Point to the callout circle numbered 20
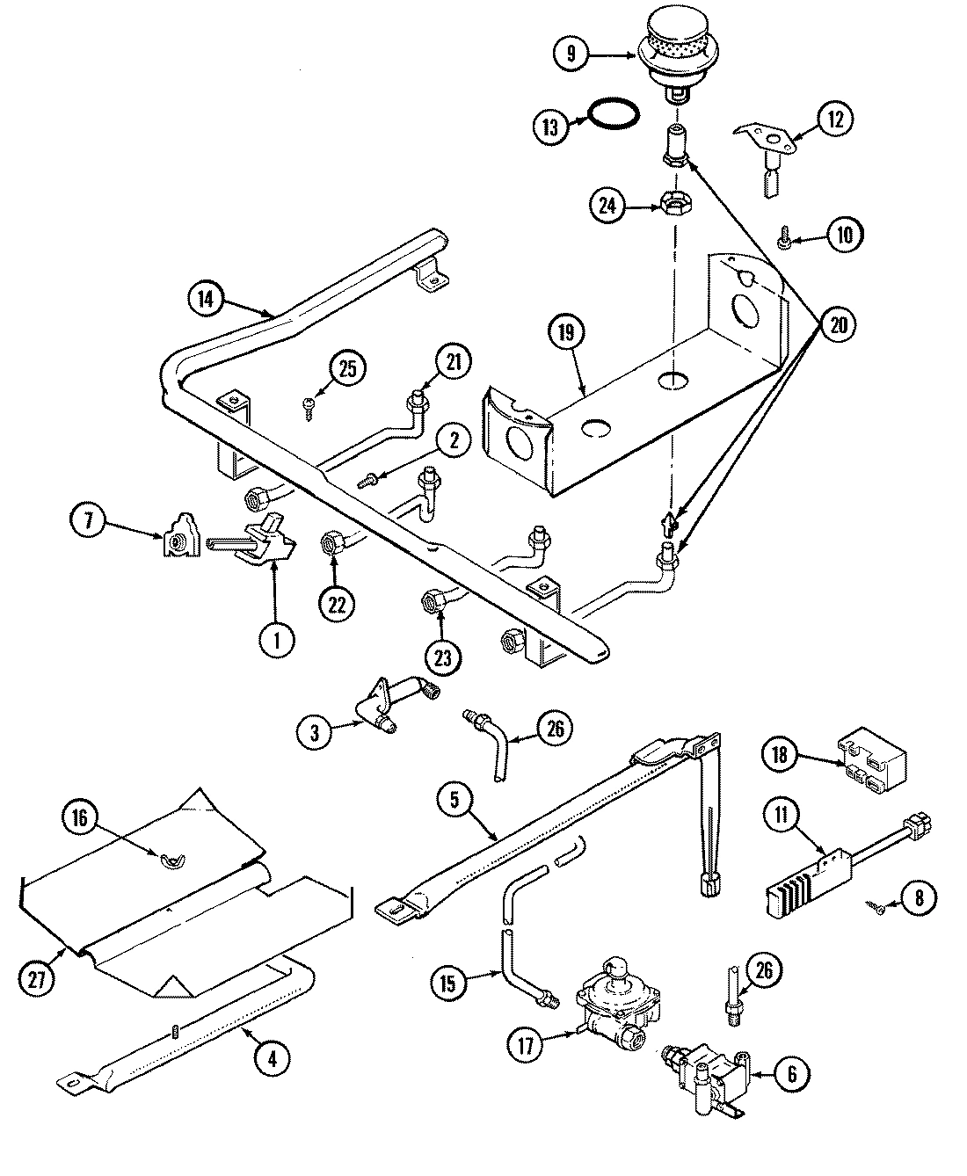click(x=838, y=324)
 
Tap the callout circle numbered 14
click(x=205, y=299)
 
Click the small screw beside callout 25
click(x=309, y=404)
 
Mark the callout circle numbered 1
click(x=278, y=641)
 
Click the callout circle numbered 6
click(x=793, y=1073)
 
